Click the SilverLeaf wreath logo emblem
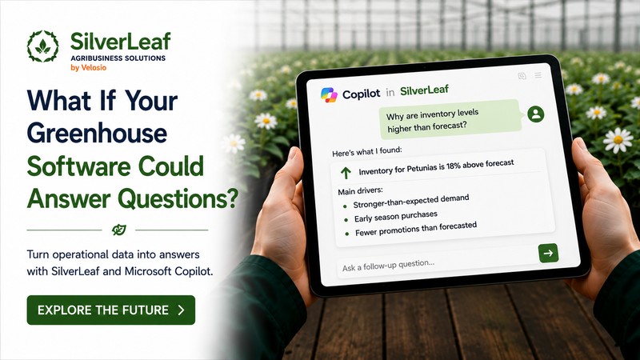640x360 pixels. pyautogui.click(x=43, y=46)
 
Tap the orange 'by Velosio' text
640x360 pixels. pyautogui.click(x=89, y=68)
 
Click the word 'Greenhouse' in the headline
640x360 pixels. pyautogui.click(x=97, y=134)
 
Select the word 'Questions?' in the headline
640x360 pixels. pyautogui.click(x=178, y=198)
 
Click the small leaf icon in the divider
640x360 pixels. pyautogui.click(x=118, y=230)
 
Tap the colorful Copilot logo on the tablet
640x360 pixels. pyautogui.click(x=329, y=95)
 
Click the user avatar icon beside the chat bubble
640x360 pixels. pyautogui.click(x=535, y=114)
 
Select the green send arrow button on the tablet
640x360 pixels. pyautogui.click(x=548, y=253)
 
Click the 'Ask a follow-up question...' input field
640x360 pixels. pyautogui.click(x=437, y=263)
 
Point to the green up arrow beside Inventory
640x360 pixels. pyautogui.click(x=346, y=173)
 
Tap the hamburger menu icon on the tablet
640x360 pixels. pyautogui.click(x=538, y=75)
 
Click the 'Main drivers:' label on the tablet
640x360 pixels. pyautogui.click(x=361, y=191)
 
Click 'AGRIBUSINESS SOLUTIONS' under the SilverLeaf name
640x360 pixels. pyautogui.click(x=118, y=58)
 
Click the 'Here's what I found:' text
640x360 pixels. pyautogui.click(x=367, y=152)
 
